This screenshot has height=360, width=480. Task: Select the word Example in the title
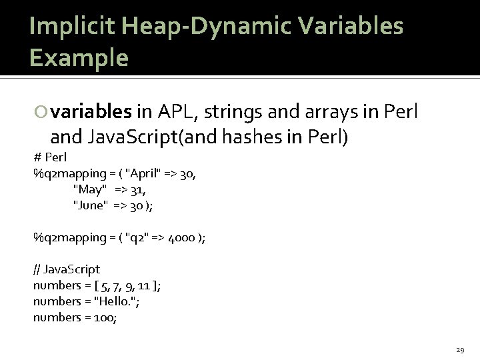click(x=79, y=58)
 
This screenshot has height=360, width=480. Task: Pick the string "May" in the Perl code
click(x=89, y=190)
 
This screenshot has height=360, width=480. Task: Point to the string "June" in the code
click(x=91, y=206)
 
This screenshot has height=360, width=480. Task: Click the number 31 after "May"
click(x=137, y=190)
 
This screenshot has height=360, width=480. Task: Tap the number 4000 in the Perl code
click(x=177, y=238)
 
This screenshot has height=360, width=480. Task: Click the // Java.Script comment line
click(x=67, y=269)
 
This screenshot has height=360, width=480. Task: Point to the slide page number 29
click(x=459, y=349)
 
